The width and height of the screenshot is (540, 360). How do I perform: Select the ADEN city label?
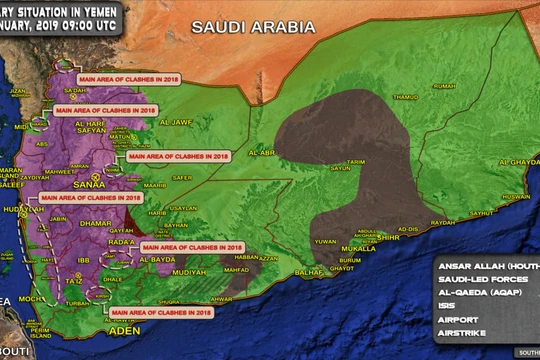tap(120, 329)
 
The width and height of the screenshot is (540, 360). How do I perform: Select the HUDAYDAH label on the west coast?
tap(23, 208)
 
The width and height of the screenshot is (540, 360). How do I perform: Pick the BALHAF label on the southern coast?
tap(310, 272)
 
